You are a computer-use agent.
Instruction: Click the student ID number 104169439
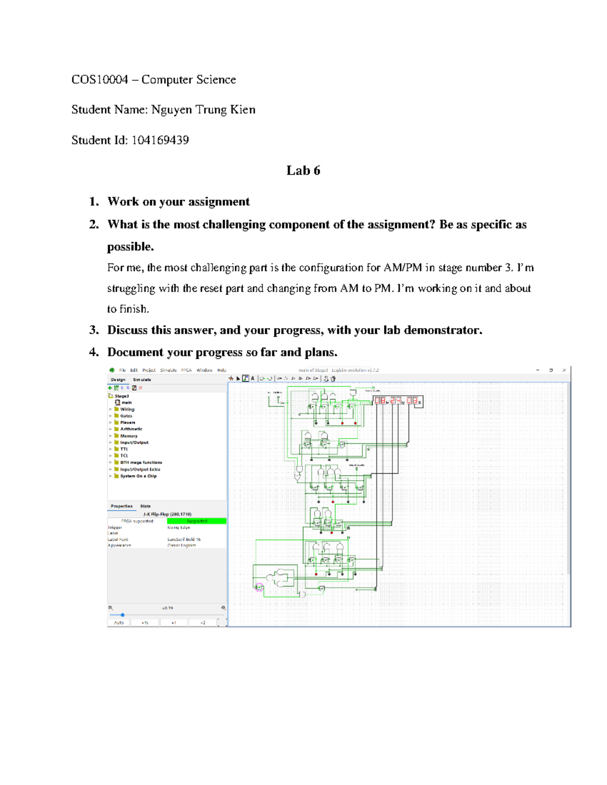click(x=160, y=140)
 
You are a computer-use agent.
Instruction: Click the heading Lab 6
click(x=303, y=170)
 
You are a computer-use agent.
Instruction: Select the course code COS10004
click(x=100, y=79)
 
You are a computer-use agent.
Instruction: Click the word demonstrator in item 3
click(x=443, y=330)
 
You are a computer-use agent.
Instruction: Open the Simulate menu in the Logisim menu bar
click(x=168, y=370)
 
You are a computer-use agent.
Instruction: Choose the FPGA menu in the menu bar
click(x=186, y=370)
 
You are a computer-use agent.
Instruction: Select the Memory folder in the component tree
click(x=128, y=436)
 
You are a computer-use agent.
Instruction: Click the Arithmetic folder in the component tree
click(x=131, y=429)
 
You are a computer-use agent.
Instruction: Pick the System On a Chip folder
click(x=138, y=476)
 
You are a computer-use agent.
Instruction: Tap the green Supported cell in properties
click(x=196, y=521)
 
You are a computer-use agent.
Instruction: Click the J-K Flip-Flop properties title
click(x=167, y=514)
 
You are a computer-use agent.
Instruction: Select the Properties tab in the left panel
click(x=121, y=506)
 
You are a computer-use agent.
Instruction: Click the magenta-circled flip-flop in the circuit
click(x=259, y=587)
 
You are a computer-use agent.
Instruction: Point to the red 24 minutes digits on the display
click(x=395, y=401)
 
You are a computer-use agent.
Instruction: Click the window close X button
click(x=564, y=370)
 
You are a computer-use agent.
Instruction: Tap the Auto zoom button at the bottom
click(x=118, y=623)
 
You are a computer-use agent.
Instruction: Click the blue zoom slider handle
click(x=122, y=615)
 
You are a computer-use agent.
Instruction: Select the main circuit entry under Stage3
click(x=126, y=403)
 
